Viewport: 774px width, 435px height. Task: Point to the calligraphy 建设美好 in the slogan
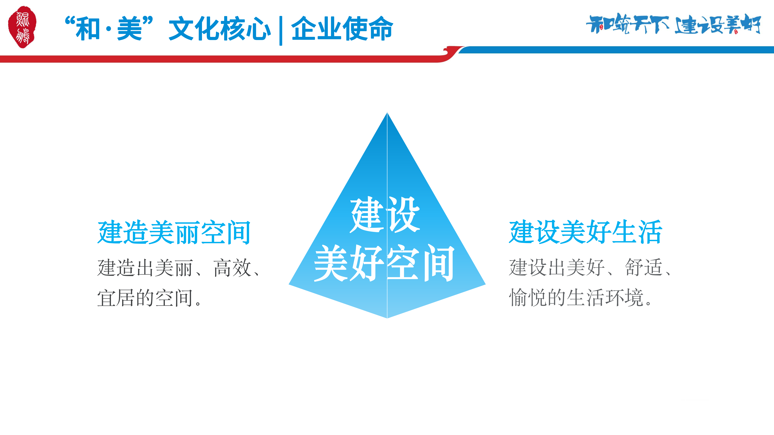[x=717, y=24]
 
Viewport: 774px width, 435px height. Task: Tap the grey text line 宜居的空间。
[x=149, y=298]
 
